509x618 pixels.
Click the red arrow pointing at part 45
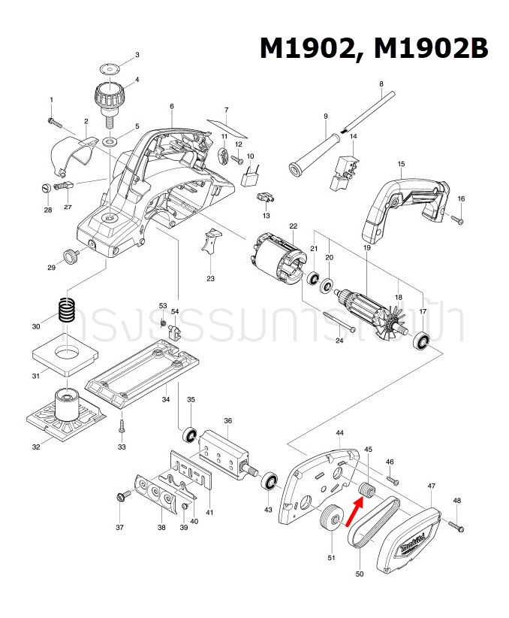click(x=352, y=516)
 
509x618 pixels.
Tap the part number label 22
click(x=293, y=226)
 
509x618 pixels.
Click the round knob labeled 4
click(x=110, y=96)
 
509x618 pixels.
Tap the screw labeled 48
click(x=458, y=525)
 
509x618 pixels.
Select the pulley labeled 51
click(x=328, y=521)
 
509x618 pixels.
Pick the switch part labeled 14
click(x=344, y=170)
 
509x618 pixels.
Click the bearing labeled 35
click(x=190, y=435)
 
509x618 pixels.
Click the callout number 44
click(x=339, y=434)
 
